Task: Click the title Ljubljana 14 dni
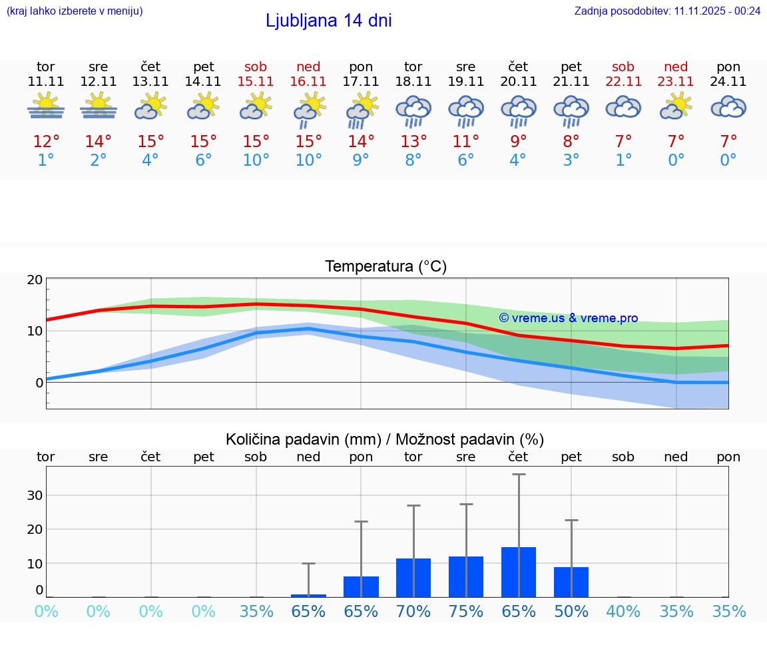pyautogui.click(x=328, y=21)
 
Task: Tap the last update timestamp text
pyautogui.click(x=667, y=11)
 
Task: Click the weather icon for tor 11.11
pyautogui.click(x=46, y=106)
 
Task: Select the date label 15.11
pyautogui.click(x=256, y=81)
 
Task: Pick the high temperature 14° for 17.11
pyautogui.click(x=361, y=142)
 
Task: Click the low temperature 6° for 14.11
pyautogui.click(x=204, y=160)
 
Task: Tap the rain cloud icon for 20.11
pyautogui.click(x=519, y=110)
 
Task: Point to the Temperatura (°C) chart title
pyautogui.click(x=385, y=266)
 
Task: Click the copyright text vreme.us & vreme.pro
pyautogui.click(x=568, y=318)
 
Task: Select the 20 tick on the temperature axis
pyautogui.click(x=35, y=280)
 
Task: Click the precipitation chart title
pyautogui.click(x=385, y=439)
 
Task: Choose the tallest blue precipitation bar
pyautogui.click(x=519, y=572)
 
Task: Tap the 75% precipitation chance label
pyautogui.click(x=466, y=611)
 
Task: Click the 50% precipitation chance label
pyautogui.click(x=571, y=611)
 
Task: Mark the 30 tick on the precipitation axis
pyautogui.click(x=35, y=495)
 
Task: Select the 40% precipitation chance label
pyautogui.click(x=624, y=611)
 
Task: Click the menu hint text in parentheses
pyautogui.click(x=75, y=11)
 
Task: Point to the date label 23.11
pyautogui.click(x=676, y=81)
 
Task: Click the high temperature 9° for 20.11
pyautogui.click(x=519, y=142)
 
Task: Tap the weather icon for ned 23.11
pyautogui.click(x=676, y=106)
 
